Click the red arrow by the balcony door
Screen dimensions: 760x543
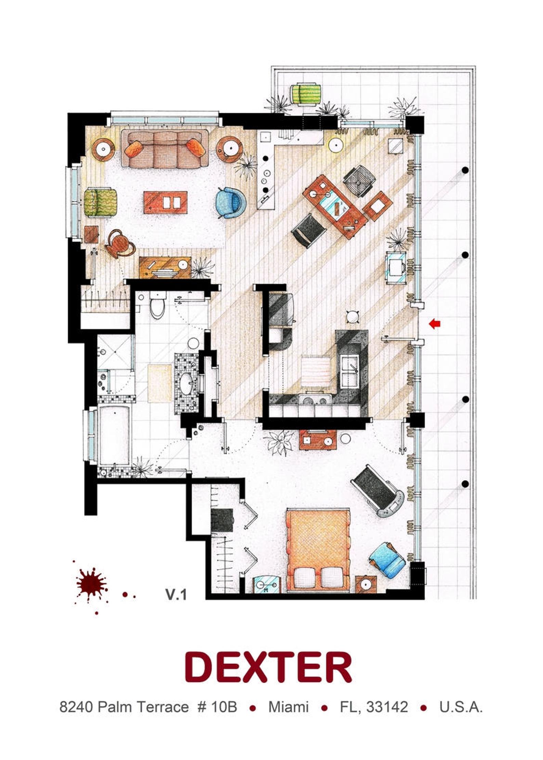[x=435, y=324]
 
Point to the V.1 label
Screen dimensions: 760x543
[x=176, y=595]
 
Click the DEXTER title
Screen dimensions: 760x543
[x=268, y=667]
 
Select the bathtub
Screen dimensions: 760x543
[x=114, y=436]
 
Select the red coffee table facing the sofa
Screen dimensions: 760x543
[x=165, y=203]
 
